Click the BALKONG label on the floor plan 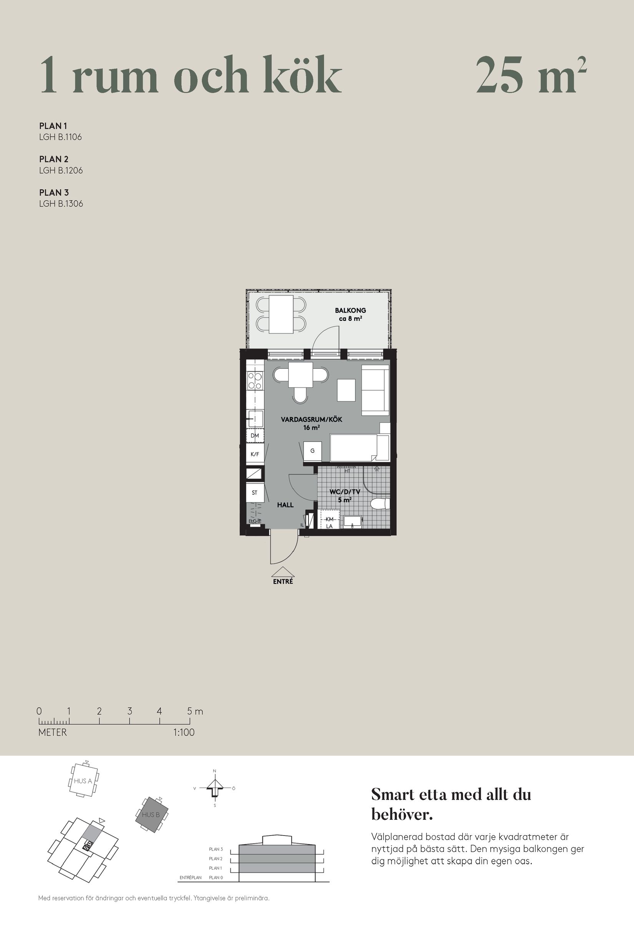350,310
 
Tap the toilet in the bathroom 379,503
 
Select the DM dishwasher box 255,435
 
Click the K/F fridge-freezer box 255,454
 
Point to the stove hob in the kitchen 255,381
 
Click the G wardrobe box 312,451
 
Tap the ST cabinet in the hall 254,492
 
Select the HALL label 285,505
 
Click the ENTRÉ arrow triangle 282,572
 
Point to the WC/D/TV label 345,492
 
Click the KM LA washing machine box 329,522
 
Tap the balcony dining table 281,314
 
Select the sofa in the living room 375,390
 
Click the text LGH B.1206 61,171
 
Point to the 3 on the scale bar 129,711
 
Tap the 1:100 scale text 184,733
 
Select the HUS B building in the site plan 151,815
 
